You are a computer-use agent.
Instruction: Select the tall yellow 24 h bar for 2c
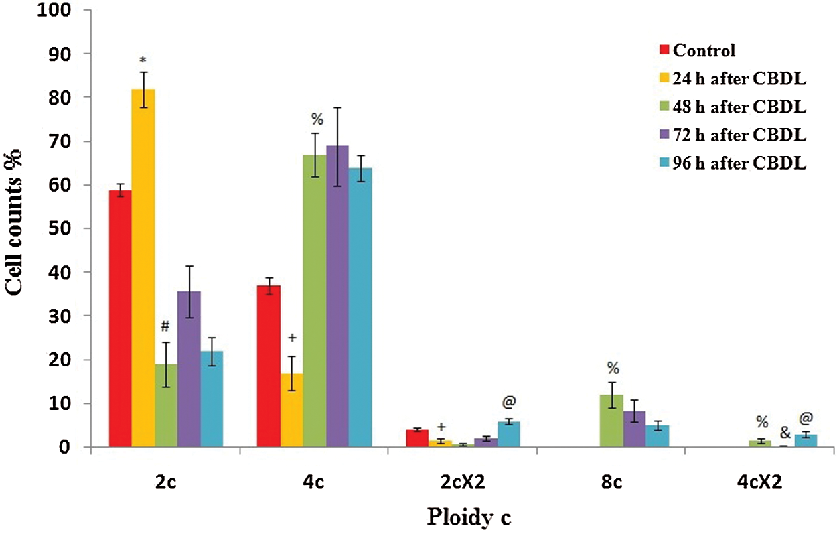(x=143, y=268)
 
